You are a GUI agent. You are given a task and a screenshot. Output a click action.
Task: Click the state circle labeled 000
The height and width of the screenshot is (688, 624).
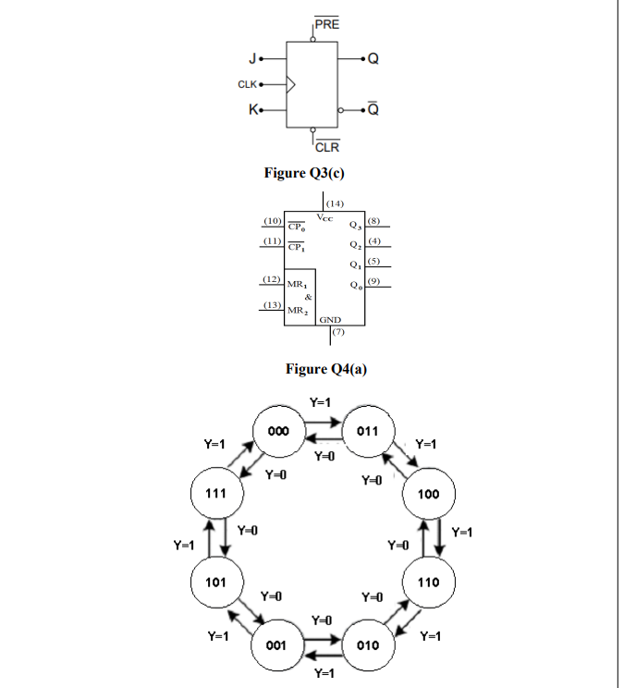277,431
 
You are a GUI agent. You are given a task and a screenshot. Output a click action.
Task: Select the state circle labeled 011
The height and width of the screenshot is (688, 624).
369,431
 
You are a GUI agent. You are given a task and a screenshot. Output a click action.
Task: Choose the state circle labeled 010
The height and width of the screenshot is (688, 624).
369,645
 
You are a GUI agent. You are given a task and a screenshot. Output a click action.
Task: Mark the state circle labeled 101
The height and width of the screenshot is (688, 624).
215,584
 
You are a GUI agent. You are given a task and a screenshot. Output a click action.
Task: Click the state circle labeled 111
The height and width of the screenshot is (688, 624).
215,495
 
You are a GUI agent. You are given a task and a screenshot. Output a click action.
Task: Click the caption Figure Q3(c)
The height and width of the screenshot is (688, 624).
311,173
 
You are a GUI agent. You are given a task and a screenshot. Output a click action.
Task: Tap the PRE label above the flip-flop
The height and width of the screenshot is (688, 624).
327,23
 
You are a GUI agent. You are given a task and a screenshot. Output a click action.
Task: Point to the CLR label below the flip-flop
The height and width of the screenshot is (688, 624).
327,147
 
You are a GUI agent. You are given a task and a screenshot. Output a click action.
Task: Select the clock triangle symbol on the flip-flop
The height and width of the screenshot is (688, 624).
292,85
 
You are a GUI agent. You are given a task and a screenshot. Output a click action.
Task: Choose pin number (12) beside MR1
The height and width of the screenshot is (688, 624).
272,279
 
